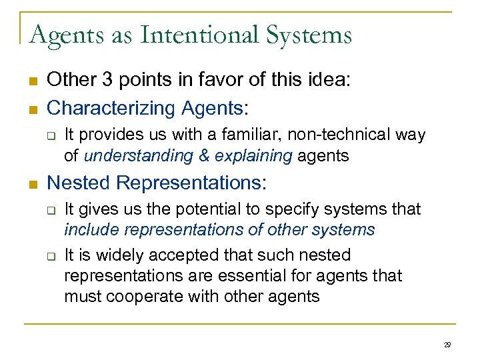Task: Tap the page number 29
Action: [x=447, y=345]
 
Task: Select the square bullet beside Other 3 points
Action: [x=33, y=82]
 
